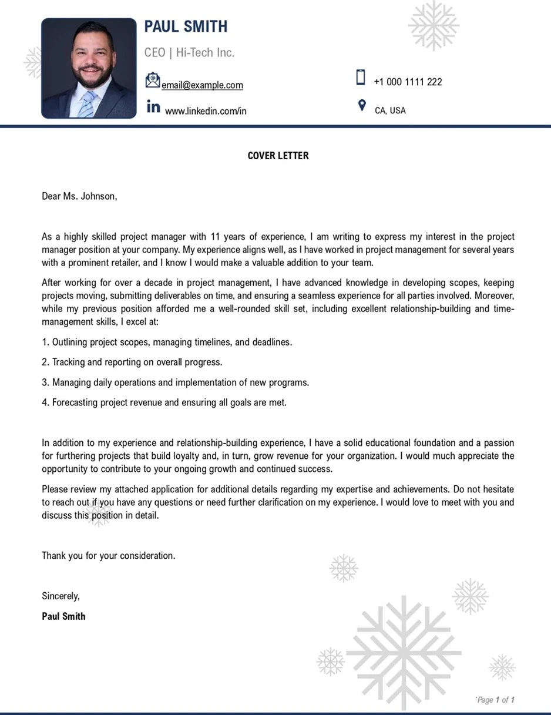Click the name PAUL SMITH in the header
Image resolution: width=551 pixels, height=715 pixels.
(186, 26)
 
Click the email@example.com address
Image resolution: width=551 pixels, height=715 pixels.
(202, 85)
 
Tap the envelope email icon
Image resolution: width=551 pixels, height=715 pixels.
(153, 80)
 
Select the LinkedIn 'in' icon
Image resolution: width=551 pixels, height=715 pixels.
(153, 107)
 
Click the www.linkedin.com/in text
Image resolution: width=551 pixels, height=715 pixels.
(206, 111)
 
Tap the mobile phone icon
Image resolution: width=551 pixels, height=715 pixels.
(361, 78)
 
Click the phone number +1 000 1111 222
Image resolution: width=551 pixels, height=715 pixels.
(408, 82)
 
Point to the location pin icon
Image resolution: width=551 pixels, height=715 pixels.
(362, 106)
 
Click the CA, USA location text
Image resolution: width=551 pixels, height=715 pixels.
(390, 110)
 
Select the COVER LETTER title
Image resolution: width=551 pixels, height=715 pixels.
(278, 156)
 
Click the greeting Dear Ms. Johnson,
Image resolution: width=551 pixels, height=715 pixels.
(79, 196)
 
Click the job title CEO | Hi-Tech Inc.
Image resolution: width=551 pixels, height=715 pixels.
(189, 53)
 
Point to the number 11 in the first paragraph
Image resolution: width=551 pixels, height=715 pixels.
(214, 237)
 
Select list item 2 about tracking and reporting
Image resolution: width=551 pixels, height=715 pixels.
(132, 362)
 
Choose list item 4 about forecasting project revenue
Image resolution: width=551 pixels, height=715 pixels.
(164, 402)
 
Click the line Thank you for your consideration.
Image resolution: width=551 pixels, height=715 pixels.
(108, 555)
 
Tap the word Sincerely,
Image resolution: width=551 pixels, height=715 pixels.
(61, 596)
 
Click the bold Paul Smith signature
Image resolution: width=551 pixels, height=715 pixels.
(63, 616)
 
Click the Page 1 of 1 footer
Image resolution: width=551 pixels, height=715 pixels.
(496, 700)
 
